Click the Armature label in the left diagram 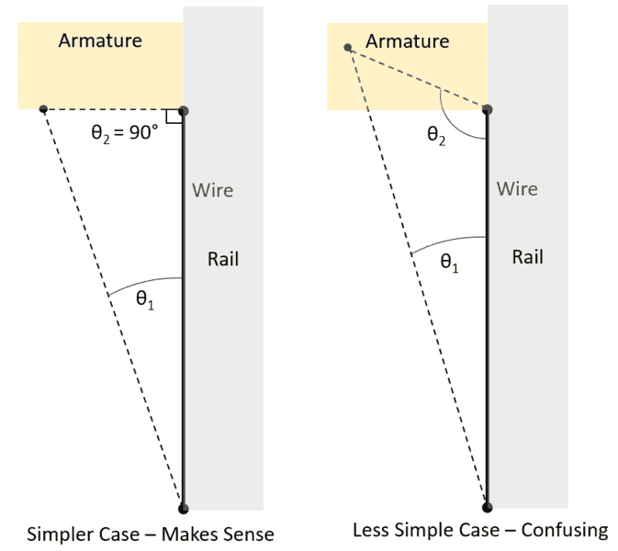point(100,41)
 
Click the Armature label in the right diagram point(407,41)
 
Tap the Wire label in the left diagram point(212,191)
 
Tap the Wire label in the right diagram point(517,189)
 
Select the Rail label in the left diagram point(223,260)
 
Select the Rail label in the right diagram point(527,257)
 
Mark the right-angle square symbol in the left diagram point(172,117)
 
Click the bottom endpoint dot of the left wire point(183,507)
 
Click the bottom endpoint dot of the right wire point(487,505)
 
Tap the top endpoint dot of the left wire point(183,110)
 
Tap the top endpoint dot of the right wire point(487,109)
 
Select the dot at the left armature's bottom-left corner point(43,110)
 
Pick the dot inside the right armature point(347,48)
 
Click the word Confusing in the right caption point(568,530)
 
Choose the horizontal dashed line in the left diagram point(110,110)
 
